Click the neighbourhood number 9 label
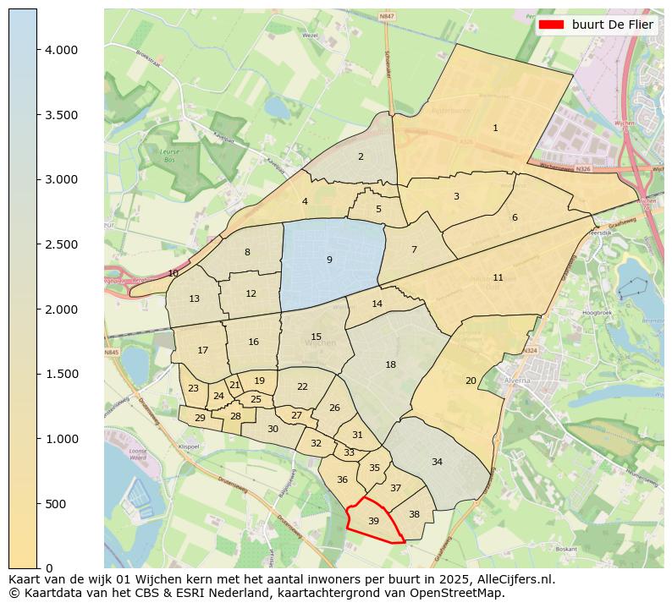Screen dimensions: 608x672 (x=329, y=260)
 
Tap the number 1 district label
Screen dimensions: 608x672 (x=495, y=128)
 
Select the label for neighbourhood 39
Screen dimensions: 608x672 (x=373, y=521)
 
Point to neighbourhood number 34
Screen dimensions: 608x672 (x=437, y=462)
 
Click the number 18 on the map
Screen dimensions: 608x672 (x=390, y=364)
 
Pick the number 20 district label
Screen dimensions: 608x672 (x=471, y=381)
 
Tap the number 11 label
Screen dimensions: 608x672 (x=498, y=277)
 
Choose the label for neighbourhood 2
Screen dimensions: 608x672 (x=361, y=156)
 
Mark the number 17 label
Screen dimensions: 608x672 (x=202, y=350)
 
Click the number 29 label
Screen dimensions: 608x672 (x=200, y=418)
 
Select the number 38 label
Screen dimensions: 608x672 (x=414, y=514)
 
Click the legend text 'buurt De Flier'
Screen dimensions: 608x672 (x=612, y=25)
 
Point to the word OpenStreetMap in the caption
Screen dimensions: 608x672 (x=460, y=593)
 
